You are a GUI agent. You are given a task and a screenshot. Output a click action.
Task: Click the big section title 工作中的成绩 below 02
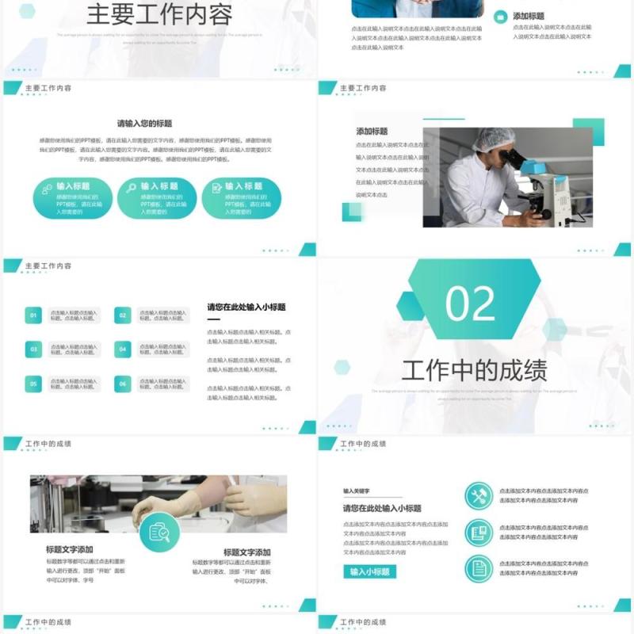tap(474, 370)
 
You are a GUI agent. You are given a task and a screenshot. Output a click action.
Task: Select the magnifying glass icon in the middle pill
tap(131, 188)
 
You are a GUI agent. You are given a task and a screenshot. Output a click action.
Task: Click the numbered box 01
tap(33, 316)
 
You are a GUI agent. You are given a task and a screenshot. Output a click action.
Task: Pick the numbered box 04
tap(122, 349)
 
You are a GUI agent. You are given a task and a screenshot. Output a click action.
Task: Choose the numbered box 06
tap(122, 384)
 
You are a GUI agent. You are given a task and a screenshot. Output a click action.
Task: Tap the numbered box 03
tap(33, 349)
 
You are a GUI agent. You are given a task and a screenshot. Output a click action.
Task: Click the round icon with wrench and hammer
tap(478, 496)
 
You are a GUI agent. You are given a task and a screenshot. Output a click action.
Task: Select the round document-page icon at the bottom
tap(478, 568)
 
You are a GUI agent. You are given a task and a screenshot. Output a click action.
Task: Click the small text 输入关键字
tap(357, 491)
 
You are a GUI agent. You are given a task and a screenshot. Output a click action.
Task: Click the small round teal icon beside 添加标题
tap(501, 17)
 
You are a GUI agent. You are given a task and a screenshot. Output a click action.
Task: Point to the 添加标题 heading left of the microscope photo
tap(372, 132)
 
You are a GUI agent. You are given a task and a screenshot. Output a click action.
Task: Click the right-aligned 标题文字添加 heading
tap(246, 552)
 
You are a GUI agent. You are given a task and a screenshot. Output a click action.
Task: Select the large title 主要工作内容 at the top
tap(158, 15)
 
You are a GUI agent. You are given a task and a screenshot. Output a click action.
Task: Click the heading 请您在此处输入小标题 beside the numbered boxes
tap(246, 307)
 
